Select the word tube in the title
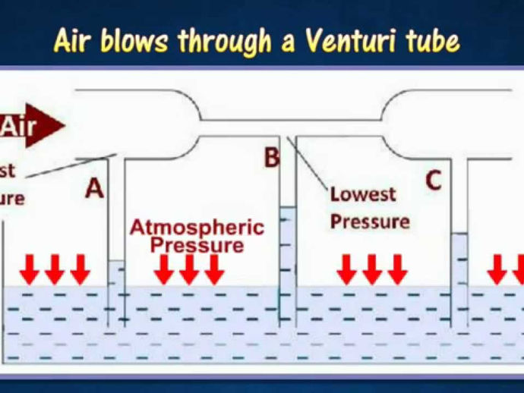pyautogui.click(x=432, y=41)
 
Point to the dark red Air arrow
pyautogui.click(x=30, y=125)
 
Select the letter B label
pyautogui.click(x=271, y=159)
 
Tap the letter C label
pyautogui.click(x=433, y=181)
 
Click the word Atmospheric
pyautogui.click(x=196, y=227)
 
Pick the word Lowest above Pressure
pyautogui.click(x=363, y=194)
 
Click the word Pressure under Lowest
pyautogui.click(x=370, y=222)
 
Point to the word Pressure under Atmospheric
pyautogui.click(x=197, y=245)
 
